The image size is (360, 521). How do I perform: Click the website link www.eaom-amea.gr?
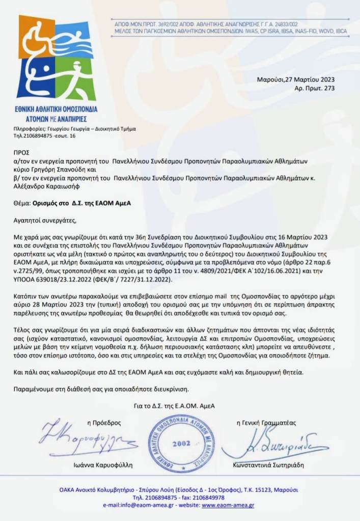click(x=228, y=505)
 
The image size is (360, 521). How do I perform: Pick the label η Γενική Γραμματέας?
click(x=266, y=423)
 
